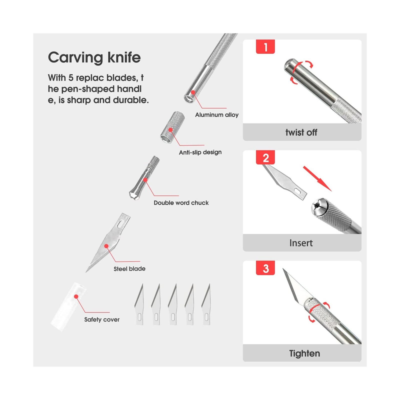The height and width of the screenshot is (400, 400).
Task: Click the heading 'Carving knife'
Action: point(94,57)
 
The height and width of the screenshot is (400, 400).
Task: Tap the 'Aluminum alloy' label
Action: point(217,115)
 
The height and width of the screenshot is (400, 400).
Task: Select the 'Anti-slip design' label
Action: point(200,152)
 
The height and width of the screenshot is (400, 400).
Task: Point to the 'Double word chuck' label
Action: point(181,203)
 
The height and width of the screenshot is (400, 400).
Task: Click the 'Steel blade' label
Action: point(129,269)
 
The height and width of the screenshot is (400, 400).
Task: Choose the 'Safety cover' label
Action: point(102,319)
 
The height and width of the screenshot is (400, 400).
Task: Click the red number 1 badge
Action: point(265,47)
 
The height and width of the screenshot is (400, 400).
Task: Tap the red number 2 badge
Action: point(265,157)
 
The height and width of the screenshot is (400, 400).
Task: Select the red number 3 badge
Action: point(265,268)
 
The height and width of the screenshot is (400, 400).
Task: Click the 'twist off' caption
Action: point(301,132)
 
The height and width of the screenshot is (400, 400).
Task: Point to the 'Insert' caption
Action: point(301,243)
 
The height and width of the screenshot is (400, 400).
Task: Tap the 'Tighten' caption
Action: point(304,353)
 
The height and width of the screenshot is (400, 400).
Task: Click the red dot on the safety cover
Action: point(76,296)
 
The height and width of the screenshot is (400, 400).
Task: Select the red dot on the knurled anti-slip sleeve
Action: point(170,130)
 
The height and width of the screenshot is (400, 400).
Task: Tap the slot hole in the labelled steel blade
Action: point(121,224)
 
